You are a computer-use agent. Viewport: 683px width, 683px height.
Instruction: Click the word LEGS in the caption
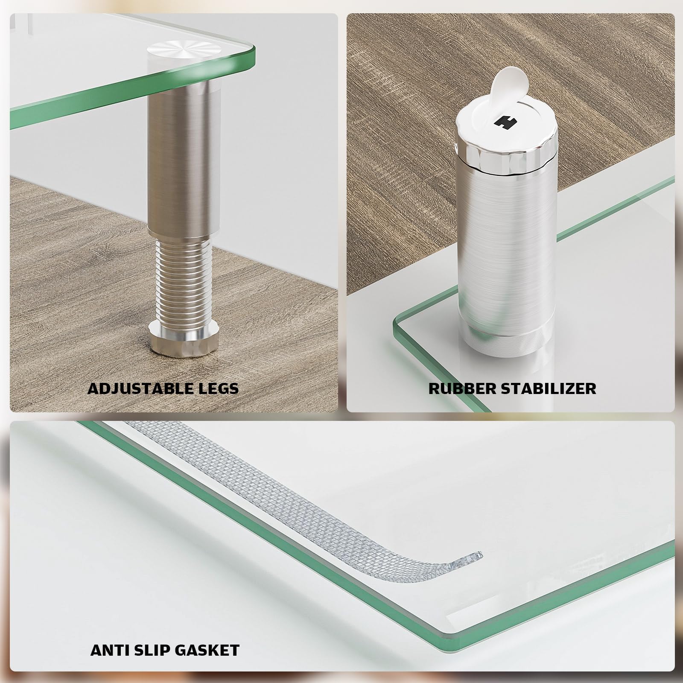pos(217,388)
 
